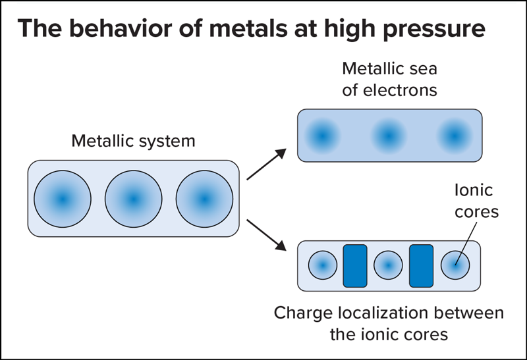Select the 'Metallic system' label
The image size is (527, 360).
(133, 141)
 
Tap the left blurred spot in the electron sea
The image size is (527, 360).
(322, 136)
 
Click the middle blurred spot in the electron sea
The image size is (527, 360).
(389, 136)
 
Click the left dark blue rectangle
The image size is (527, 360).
(355, 266)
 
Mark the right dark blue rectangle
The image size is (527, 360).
(422, 266)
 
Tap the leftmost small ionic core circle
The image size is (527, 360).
(322, 266)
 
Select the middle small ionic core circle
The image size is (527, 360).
(388, 266)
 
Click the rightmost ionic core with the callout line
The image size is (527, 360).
(455, 266)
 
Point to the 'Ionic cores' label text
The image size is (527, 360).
(474, 200)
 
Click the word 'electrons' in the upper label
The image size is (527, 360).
(399, 90)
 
